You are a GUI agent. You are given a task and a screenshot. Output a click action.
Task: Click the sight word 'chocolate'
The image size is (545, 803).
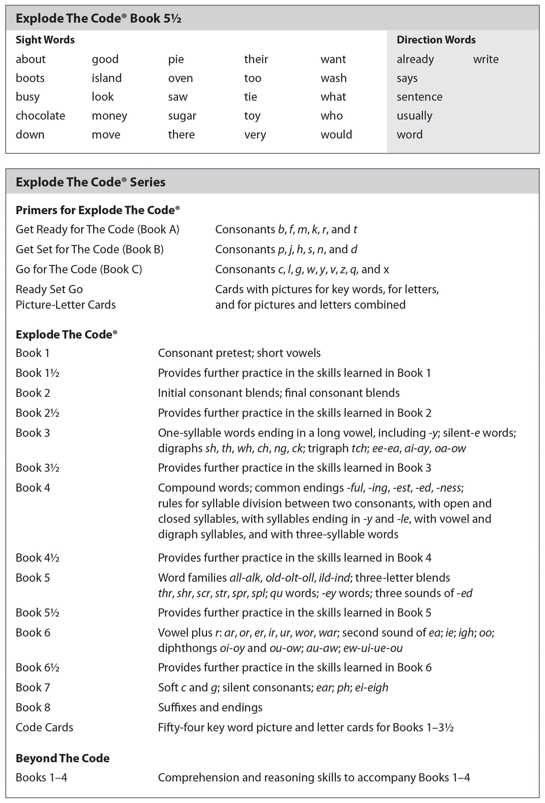coord(40,116)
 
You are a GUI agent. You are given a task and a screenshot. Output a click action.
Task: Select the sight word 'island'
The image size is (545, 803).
coord(107,78)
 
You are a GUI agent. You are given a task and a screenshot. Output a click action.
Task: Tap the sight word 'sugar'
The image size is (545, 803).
coord(182,116)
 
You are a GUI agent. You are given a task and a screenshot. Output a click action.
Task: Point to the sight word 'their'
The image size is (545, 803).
coord(256,59)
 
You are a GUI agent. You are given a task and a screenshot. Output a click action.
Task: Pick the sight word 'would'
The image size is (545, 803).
coord(336,135)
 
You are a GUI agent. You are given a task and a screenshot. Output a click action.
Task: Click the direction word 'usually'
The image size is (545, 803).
coord(414,116)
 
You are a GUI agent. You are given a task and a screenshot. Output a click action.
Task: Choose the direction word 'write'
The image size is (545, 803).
coord(486,59)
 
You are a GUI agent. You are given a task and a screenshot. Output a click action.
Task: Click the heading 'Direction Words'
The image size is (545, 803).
coord(436,40)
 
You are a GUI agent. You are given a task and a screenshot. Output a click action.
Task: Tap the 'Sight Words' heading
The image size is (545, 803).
coord(45,40)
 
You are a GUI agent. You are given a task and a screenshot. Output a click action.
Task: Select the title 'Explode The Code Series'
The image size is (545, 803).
coord(90,182)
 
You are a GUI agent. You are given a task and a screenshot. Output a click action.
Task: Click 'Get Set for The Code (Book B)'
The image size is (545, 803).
coord(90,249)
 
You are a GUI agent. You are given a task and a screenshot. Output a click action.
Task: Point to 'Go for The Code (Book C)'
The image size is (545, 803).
coord(79,269)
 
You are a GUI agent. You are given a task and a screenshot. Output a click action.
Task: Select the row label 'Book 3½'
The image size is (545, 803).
coord(38,468)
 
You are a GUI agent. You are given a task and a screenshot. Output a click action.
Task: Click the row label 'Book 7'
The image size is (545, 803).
coord(33,687)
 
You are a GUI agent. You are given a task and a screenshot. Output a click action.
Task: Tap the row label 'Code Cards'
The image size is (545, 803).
coord(45,727)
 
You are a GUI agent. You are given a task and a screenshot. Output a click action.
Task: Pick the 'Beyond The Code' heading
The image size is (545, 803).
coord(62,758)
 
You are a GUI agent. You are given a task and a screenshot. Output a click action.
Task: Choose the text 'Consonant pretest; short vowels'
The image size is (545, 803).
coord(239,353)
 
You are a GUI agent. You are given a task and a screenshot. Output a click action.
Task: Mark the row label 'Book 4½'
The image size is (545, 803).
coord(38,558)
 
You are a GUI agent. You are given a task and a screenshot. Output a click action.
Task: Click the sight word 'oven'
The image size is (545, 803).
coord(180,78)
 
